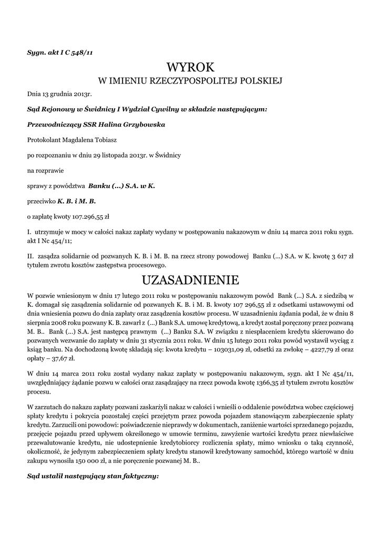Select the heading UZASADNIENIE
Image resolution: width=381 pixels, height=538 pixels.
(190, 279)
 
